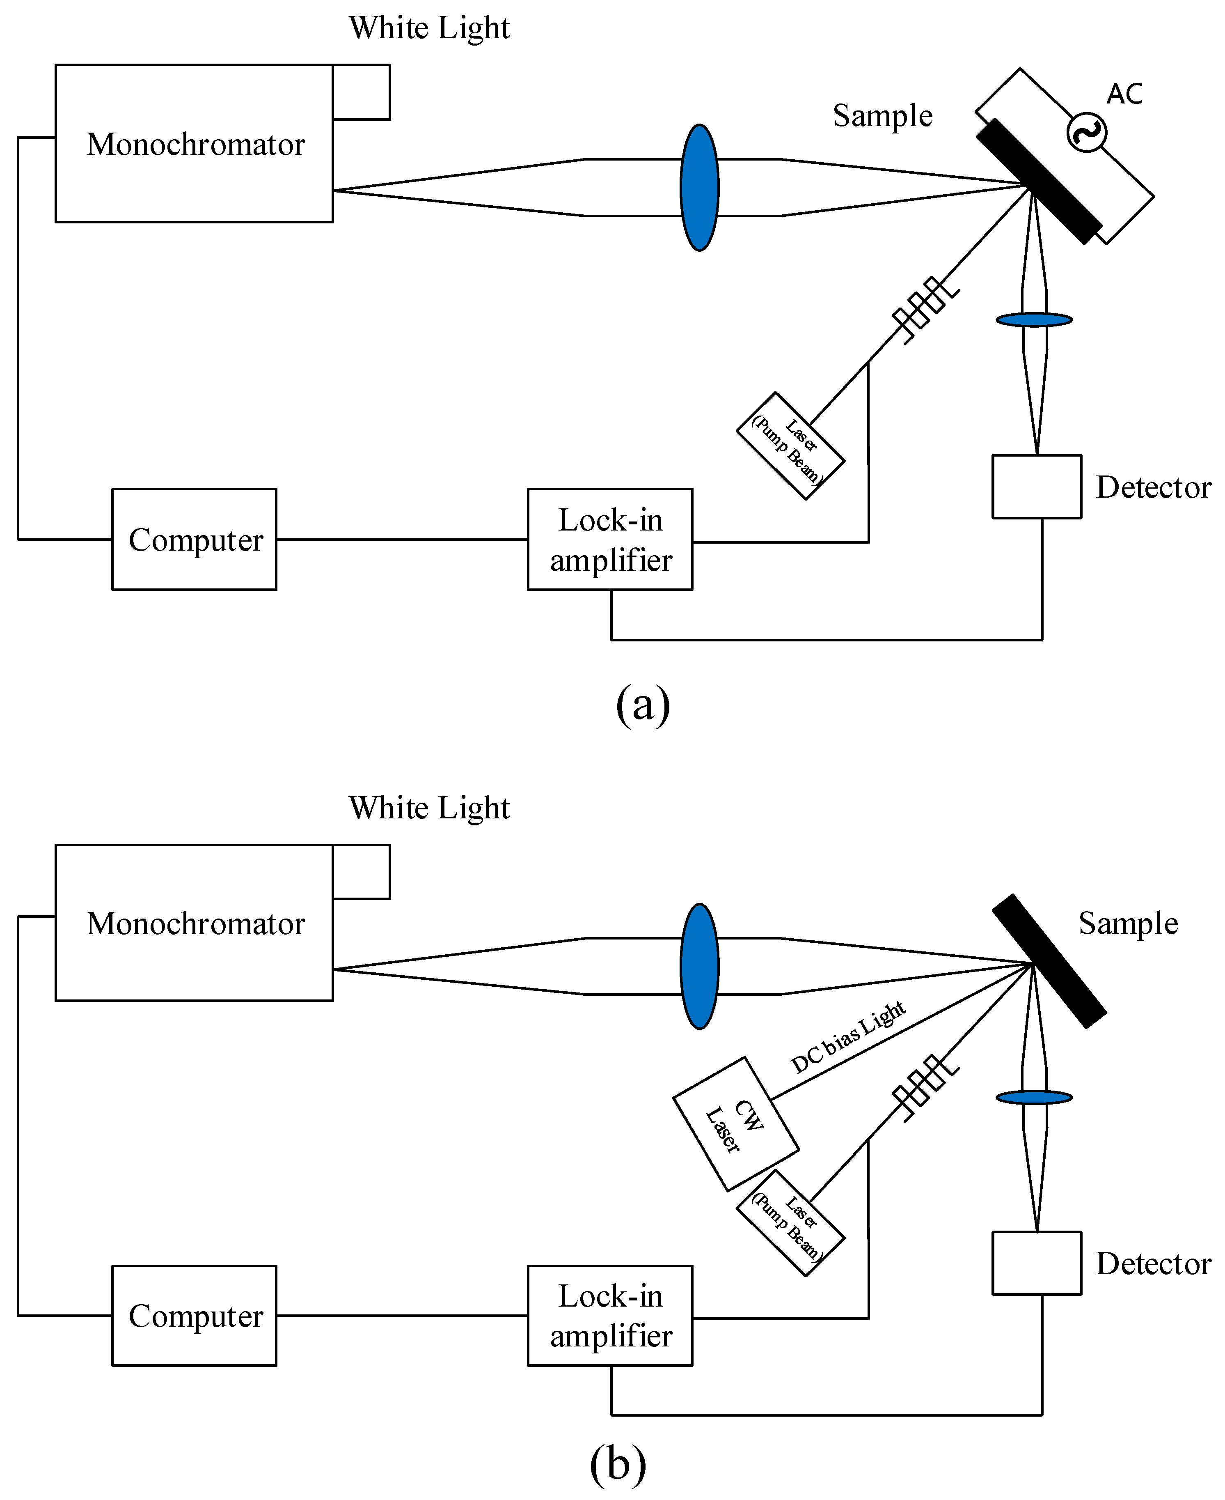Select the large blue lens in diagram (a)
699,188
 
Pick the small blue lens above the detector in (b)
1034,1098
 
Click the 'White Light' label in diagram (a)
429,28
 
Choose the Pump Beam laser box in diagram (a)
790,446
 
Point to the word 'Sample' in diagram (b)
1128,923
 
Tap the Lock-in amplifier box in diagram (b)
610,1315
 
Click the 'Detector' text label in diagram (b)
1153,1263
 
